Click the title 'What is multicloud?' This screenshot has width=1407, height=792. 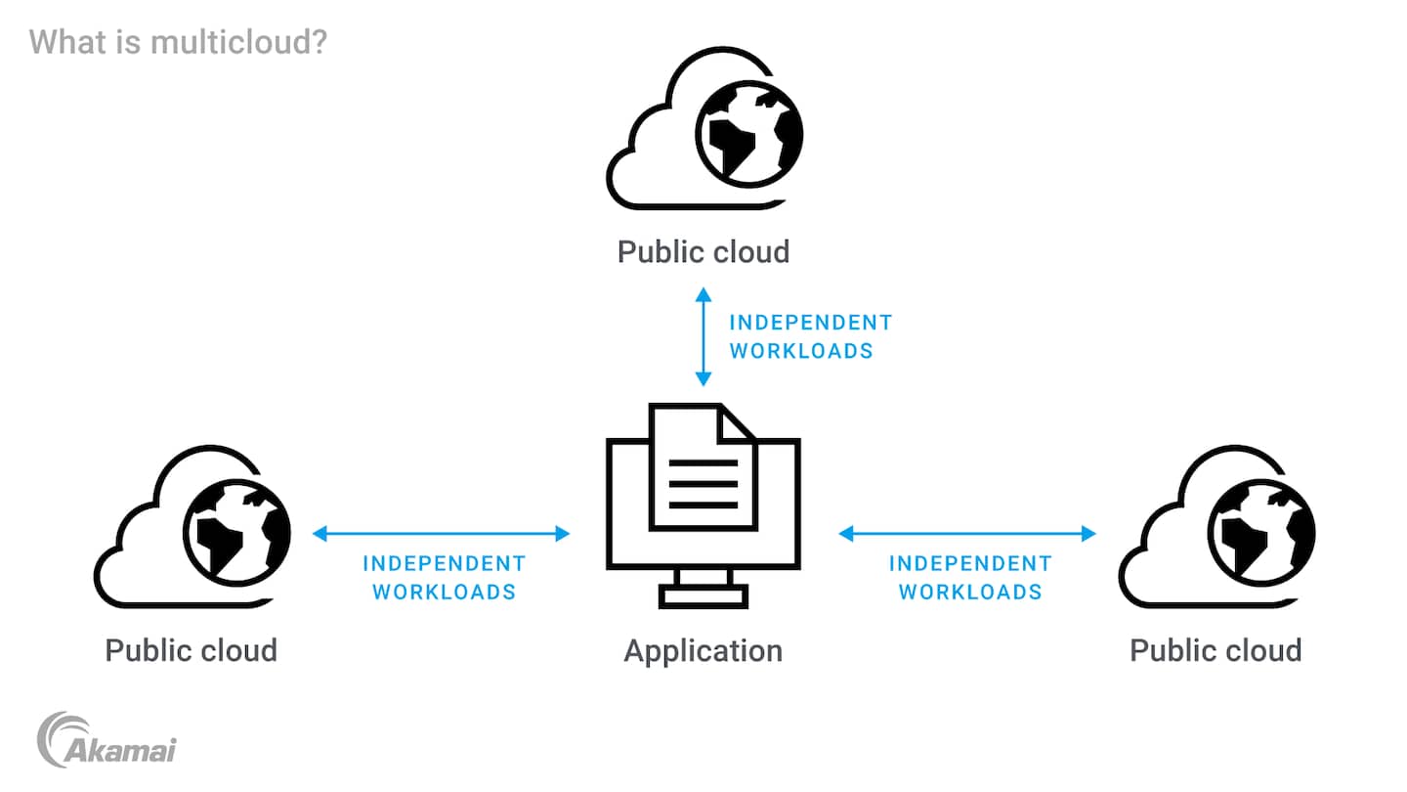tap(178, 42)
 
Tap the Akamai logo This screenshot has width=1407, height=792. tap(107, 740)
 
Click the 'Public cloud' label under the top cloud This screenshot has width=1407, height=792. tap(703, 252)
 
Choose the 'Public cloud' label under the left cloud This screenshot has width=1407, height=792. tap(191, 651)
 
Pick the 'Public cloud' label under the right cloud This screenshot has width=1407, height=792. tap(1215, 651)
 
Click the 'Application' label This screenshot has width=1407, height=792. tap(703, 651)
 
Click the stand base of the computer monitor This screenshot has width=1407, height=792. tap(703, 595)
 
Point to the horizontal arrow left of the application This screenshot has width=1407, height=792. tap(441, 533)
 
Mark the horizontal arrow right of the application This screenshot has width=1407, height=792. tap(967, 533)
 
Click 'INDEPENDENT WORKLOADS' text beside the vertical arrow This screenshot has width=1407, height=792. tap(810, 336)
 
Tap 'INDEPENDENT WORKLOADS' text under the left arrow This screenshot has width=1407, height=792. tap(444, 578)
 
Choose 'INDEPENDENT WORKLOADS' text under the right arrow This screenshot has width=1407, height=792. tap(969, 578)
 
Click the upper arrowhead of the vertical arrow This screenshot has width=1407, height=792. tap(703, 293)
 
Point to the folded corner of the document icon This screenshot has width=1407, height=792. tap(736, 421)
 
